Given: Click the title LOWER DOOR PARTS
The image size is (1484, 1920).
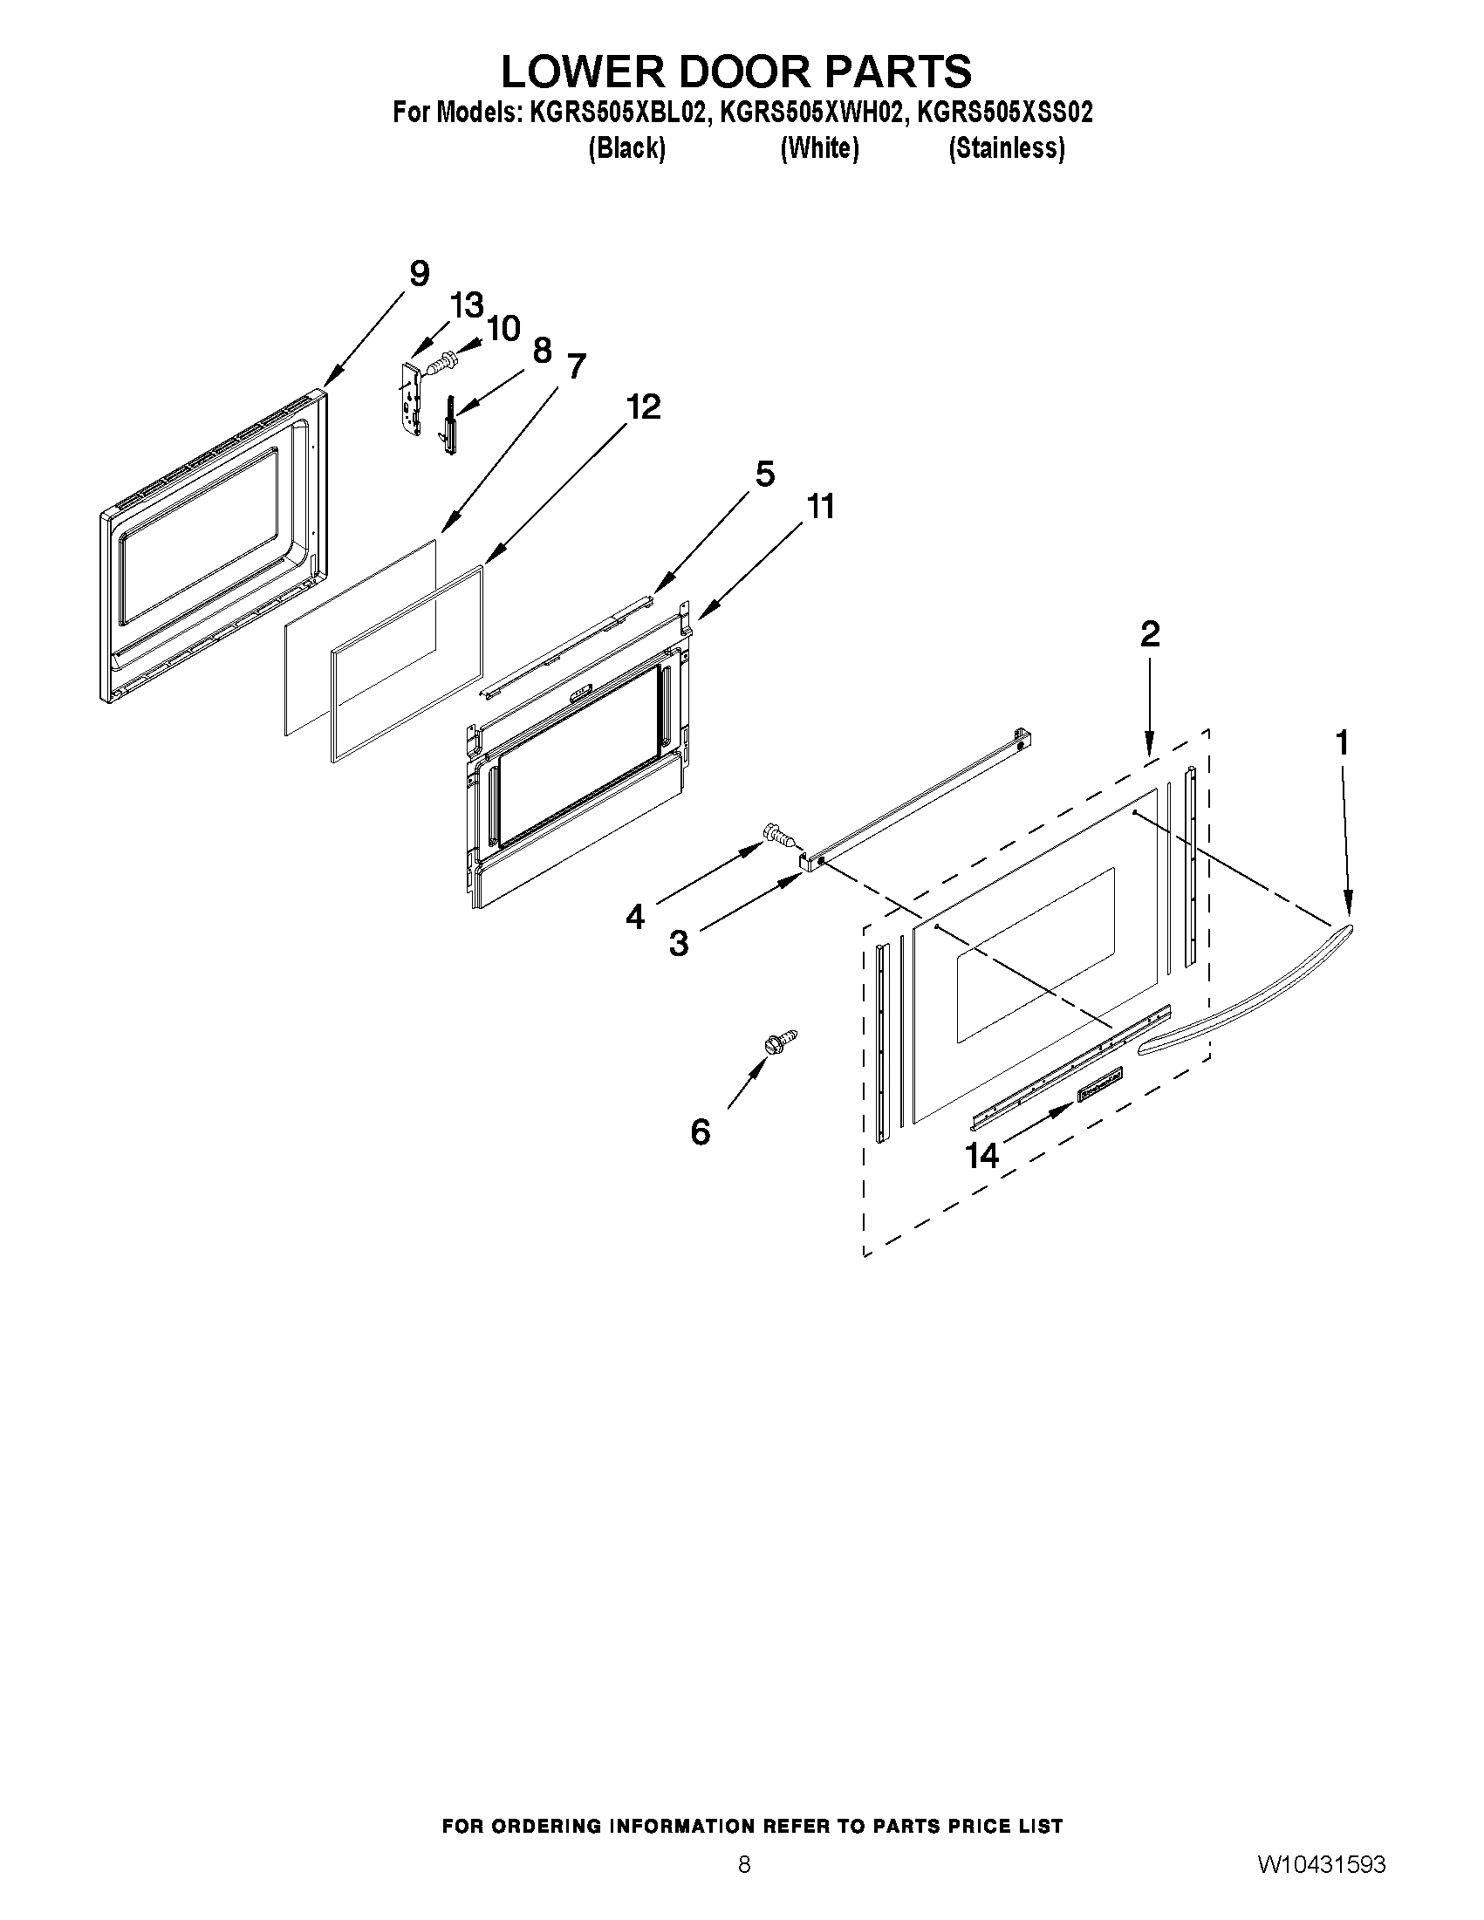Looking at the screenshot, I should pos(735,72).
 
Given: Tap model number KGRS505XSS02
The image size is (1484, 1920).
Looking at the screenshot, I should pos(1005,113).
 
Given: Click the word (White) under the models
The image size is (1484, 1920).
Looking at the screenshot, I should pos(819,148).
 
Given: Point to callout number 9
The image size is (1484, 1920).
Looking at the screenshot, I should pos(420,273).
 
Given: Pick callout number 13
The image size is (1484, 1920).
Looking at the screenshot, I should pos(467,305).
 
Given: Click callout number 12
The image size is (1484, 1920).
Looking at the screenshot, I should pos(644,407).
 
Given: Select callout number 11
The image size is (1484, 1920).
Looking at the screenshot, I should pos(820,506).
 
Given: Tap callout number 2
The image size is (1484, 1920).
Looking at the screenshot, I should pos(1150,634).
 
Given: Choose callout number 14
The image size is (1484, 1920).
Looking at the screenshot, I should pos(982,1155).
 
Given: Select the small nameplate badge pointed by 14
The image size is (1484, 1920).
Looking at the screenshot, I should pos(1101,1083).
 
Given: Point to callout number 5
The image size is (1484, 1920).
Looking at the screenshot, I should pos(765,474).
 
